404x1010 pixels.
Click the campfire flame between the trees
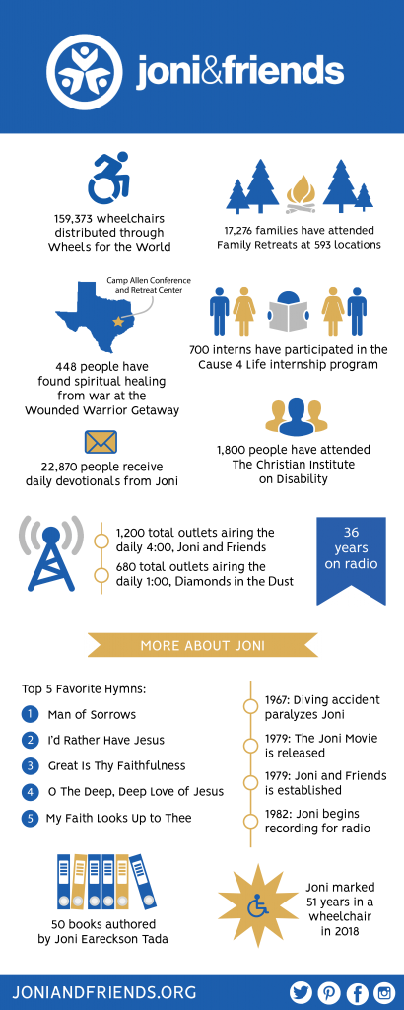(301, 192)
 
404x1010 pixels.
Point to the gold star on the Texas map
(117, 322)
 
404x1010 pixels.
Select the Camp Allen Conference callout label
(148, 285)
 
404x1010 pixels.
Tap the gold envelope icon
(101, 443)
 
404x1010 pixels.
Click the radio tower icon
(51, 553)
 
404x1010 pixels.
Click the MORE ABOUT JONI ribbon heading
(203, 645)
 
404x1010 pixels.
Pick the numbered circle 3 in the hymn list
(31, 765)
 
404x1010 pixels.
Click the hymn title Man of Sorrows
(92, 714)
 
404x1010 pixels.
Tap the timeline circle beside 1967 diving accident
(249, 706)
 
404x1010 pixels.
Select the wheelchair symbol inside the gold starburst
(257, 907)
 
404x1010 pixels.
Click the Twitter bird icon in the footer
(302, 992)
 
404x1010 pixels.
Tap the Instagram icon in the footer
(384, 992)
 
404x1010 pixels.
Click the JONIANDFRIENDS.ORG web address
(104, 992)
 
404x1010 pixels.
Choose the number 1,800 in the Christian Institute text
(233, 450)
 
